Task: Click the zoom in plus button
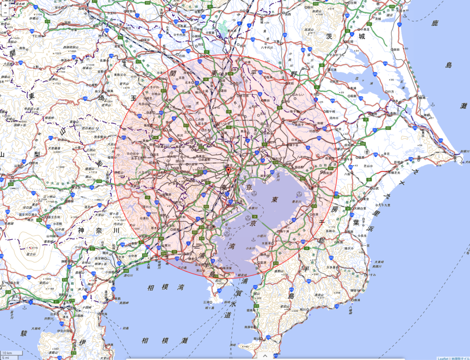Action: coord(5,6)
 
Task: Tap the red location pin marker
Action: coord(228,171)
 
